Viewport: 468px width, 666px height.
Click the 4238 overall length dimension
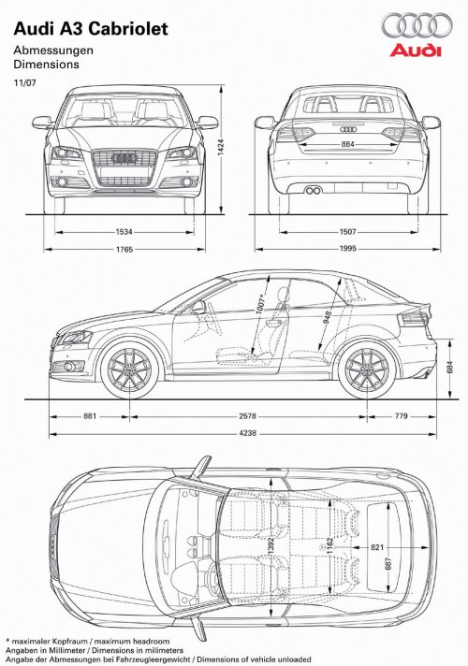coord(247,434)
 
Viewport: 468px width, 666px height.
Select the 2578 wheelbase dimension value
coord(247,416)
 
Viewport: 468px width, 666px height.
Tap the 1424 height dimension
coord(221,148)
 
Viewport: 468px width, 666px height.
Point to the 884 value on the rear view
coord(347,144)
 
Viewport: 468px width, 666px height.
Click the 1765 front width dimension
coord(124,250)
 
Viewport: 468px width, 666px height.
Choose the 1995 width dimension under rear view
coord(347,249)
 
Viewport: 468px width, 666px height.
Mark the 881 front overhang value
coord(90,416)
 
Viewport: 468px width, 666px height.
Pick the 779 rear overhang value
coord(401,416)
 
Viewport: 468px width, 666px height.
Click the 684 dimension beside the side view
coord(450,367)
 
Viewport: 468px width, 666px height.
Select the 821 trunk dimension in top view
coord(377,547)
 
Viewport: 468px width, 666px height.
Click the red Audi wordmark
coord(416,51)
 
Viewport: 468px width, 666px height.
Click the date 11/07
coord(25,83)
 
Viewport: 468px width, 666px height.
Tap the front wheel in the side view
coord(129,370)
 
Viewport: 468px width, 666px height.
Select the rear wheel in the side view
coord(367,370)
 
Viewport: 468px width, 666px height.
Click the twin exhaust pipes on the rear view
coord(313,190)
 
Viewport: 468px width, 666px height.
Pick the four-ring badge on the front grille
coord(124,158)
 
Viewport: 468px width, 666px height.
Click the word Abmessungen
coord(53,51)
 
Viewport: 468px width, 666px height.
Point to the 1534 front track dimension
coord(124,232)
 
